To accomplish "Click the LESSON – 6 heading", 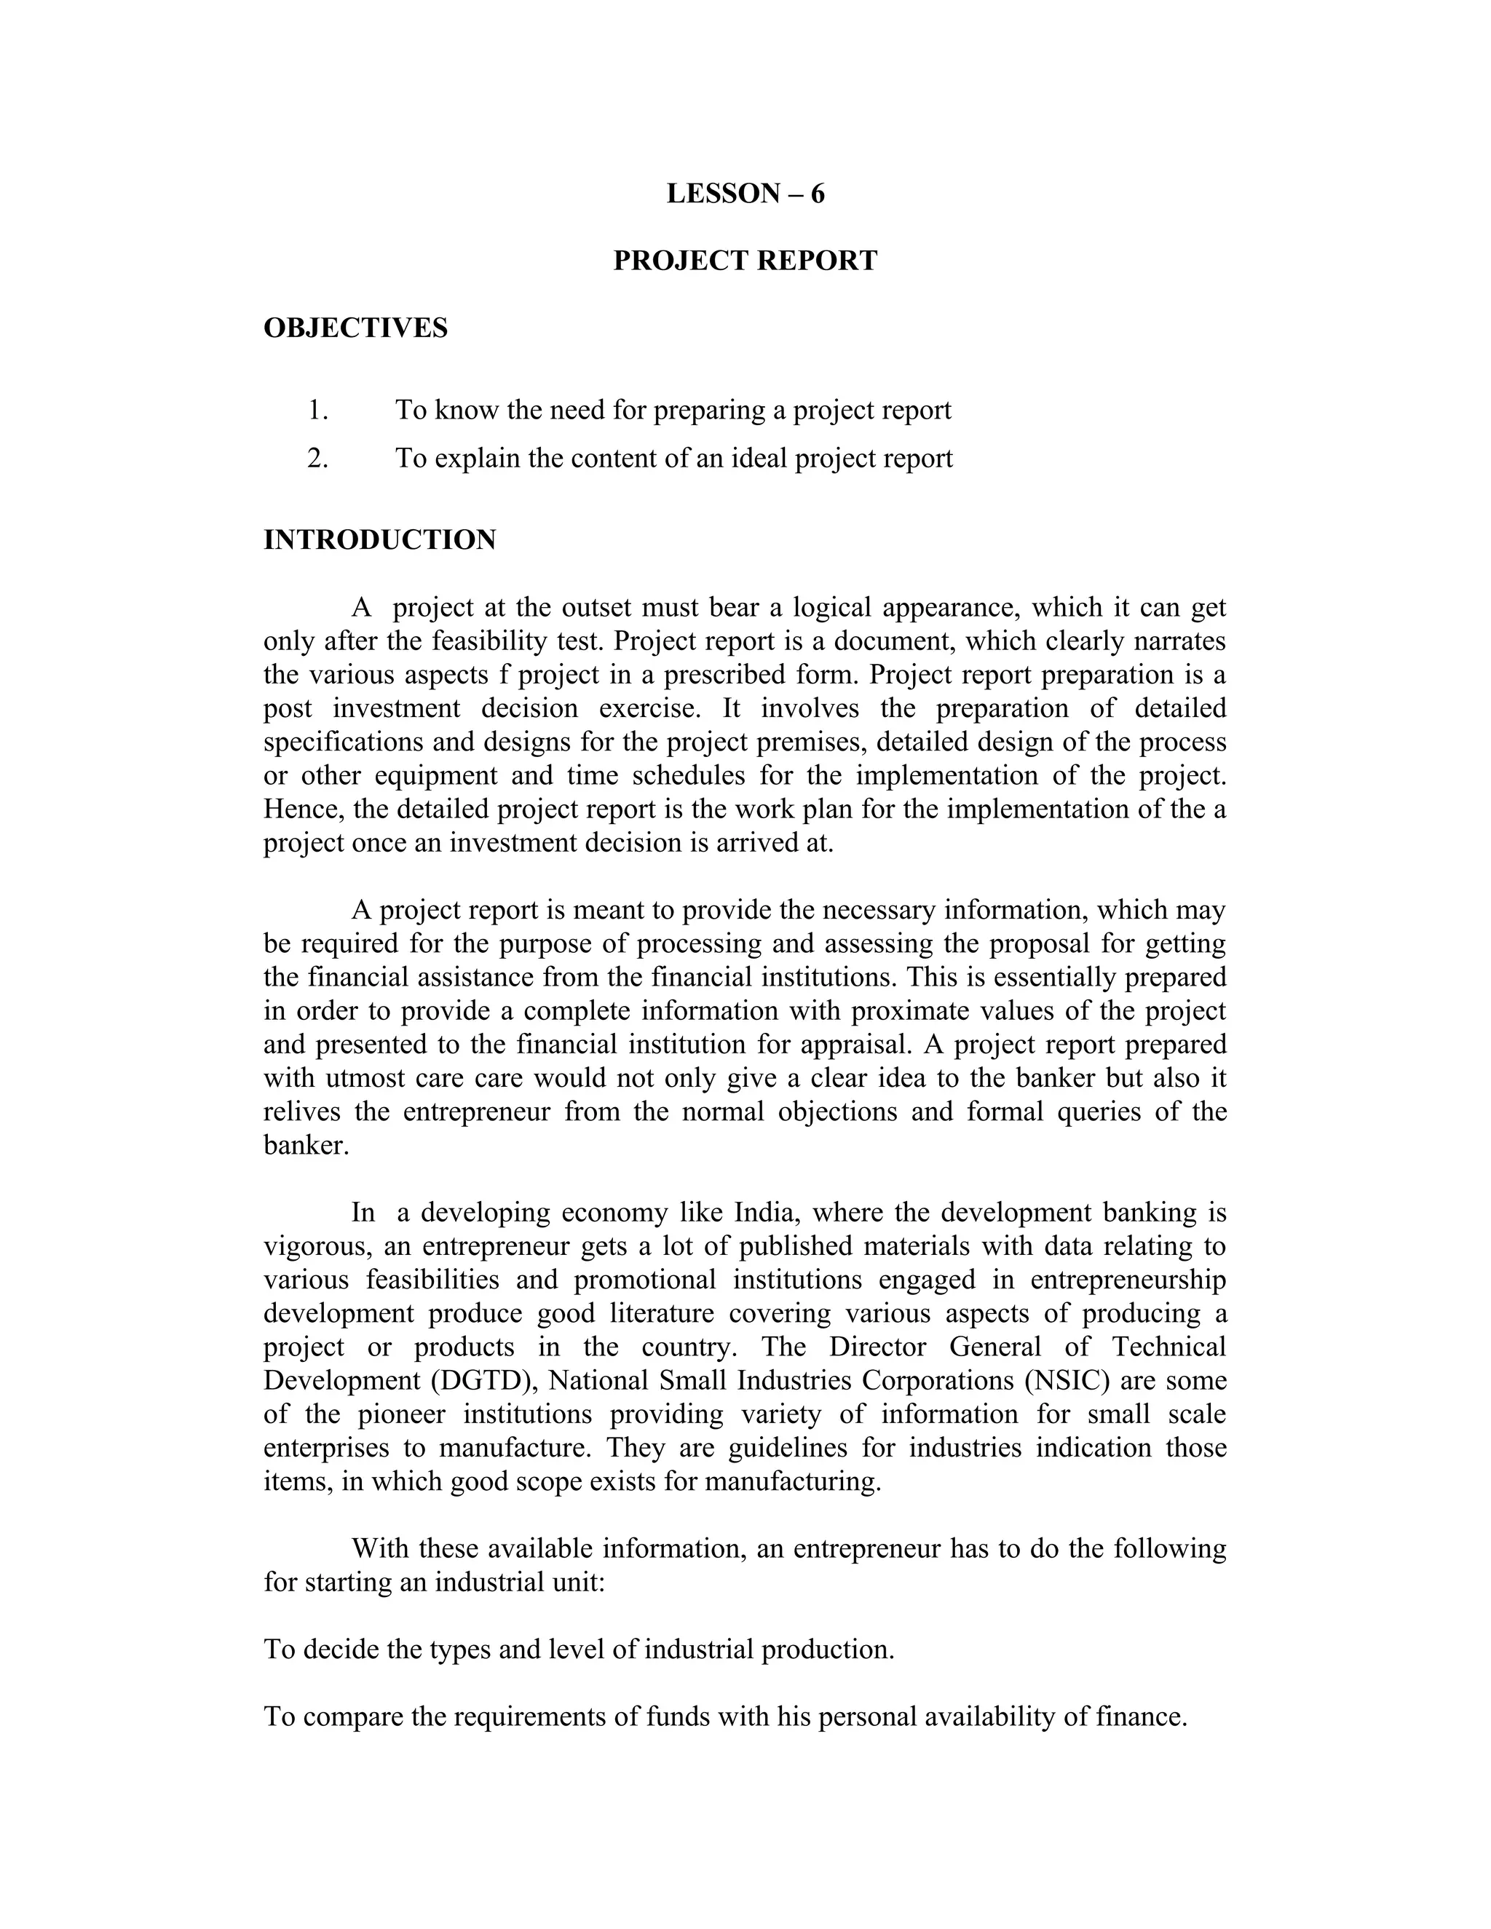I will click(x=745, y=194).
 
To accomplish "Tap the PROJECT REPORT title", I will click(x=745, y=261).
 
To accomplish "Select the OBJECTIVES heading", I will click(x=355, y=328).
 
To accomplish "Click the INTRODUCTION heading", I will click(x=380, y=539).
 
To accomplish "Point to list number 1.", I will click(x=317, y=411).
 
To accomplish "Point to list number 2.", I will click(x=317, y=459).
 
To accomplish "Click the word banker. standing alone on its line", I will click(x=306, y=1146).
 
